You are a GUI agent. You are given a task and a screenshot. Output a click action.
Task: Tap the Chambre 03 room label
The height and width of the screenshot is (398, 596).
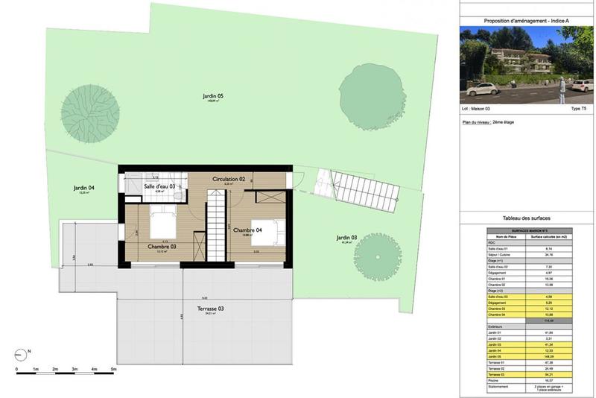pos(162,247)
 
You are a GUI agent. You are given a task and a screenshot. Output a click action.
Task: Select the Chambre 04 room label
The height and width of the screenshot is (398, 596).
pos(248,231)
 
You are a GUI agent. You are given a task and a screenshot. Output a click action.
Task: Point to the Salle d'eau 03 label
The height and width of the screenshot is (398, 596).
pos(159,186)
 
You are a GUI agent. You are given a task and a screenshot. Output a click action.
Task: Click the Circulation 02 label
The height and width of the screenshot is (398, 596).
pos(229,180)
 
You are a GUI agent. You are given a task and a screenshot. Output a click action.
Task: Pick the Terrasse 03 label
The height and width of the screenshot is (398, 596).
pos(210,308)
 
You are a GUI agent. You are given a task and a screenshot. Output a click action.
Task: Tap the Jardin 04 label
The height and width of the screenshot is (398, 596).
pos(83,188)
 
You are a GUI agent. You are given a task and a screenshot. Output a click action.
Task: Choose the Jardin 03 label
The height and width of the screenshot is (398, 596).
pos(344,239)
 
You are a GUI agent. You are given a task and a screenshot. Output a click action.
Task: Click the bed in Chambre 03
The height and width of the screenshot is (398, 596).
pos(162,224)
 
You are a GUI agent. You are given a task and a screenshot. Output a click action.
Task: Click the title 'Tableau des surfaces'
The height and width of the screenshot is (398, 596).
pos(527,218)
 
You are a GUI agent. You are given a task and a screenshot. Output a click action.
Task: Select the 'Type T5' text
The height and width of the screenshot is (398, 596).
pos(578,109)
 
